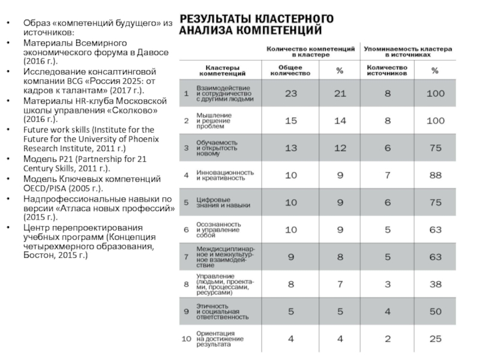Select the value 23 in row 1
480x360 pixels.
(291, 94)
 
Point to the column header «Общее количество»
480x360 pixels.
(291, 71)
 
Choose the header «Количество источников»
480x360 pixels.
(388, 71)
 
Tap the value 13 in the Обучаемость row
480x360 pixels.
(291, 147)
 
